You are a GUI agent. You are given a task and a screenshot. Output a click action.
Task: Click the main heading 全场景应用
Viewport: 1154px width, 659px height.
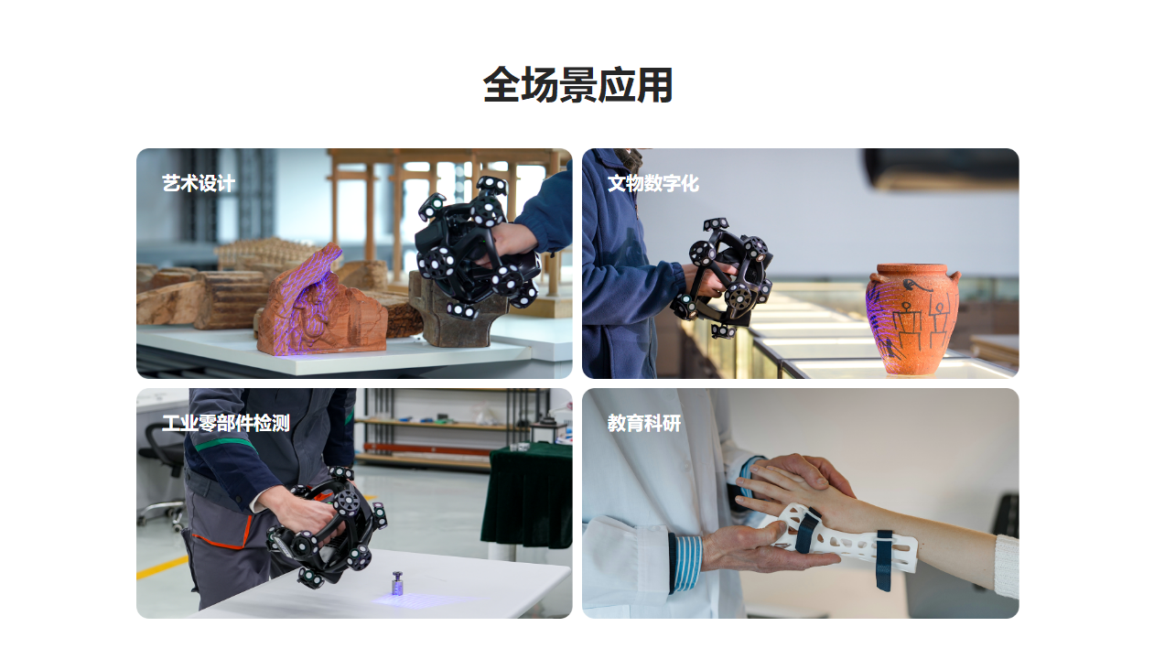pyautogui.click(x=577, y=86)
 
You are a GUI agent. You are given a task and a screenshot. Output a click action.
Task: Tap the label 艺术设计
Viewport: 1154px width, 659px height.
pyautogui.click(x=199, y=184)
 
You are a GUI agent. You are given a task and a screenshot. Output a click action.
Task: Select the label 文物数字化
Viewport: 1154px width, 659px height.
pyautogui.click(x=652, y=184)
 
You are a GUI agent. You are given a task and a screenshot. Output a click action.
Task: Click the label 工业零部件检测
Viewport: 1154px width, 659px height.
pyautogui.click(x=225, y=424)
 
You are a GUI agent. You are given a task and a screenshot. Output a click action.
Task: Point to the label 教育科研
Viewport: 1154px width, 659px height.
pyautogui.click(x=644, y=424)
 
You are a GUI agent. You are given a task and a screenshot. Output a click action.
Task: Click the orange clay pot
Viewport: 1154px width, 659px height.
pyautogui.click(x=911, y=320)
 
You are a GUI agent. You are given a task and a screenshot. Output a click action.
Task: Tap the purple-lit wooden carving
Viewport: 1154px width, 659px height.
pyautogui.click(x=316, y=307)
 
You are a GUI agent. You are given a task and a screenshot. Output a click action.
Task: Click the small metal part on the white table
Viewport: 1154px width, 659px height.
pyautogui.click(x=397, y=584)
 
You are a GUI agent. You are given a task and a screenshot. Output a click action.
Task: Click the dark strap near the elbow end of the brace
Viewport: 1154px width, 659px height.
pyautogui.click(x=884, y=558)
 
